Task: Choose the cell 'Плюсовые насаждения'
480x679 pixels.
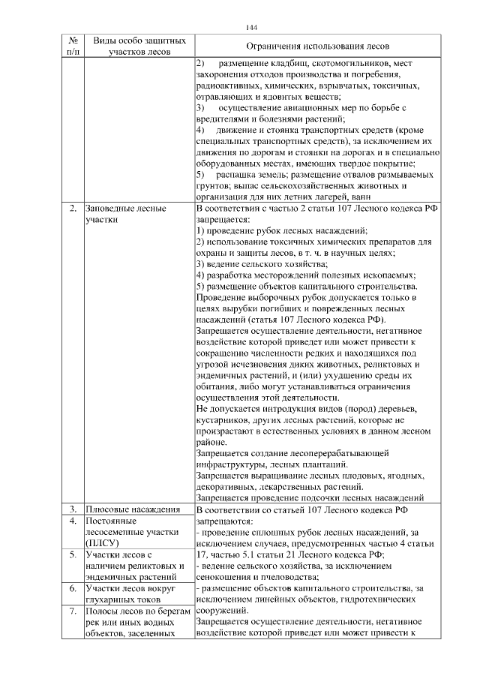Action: [x=130, y=509]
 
